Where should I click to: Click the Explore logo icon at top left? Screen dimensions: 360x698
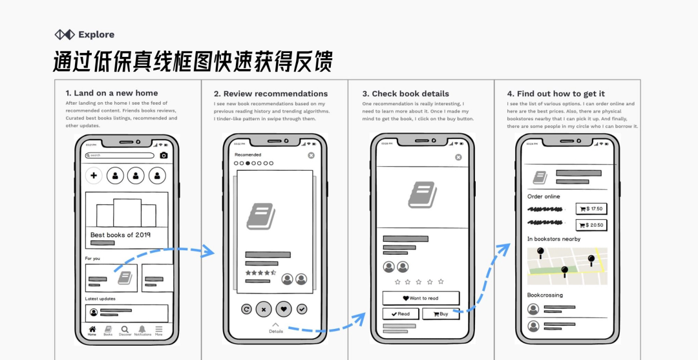tap(65, 34)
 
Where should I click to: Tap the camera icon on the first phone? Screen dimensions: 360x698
tap(164, 155)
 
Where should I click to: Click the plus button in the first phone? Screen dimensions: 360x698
tap(94, 175)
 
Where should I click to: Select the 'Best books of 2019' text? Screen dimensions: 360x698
tap(120, 235)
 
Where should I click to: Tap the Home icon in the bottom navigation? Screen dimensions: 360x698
tap(92, 330)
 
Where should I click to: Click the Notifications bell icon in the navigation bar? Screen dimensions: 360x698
tap(142, 330)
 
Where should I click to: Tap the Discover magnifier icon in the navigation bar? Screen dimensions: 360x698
tap(125, 330)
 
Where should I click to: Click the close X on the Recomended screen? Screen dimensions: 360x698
tap(311, 155)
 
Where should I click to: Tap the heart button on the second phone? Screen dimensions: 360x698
tap(284, 309)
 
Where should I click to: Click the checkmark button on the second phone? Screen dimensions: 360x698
tap(302, 309)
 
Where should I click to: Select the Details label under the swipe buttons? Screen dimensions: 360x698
tap(276, 331)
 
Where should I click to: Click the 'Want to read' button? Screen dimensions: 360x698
tap(421, 298)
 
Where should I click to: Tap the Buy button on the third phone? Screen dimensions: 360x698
tap(441, 314)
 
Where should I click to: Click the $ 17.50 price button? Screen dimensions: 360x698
tap(591, 209)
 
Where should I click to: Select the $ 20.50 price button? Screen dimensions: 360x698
tap(591, 225)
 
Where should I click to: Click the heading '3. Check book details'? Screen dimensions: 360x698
tap(405, 94)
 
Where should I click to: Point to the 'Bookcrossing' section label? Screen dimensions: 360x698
tap(545, 295)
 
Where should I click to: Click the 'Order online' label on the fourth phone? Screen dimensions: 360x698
tap(544, 196)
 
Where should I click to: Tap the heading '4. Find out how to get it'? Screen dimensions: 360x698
tap(556, 94)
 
